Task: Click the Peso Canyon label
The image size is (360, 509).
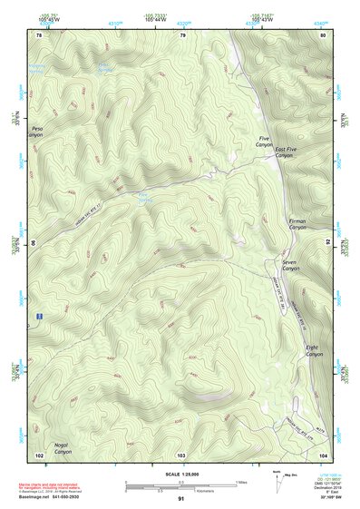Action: click(x=37, y=132)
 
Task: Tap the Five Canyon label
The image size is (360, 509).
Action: click(x=264, y=142)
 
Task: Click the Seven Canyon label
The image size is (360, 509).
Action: click(x=290, y=266)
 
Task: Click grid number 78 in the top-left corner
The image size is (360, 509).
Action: click(x=39, y=34)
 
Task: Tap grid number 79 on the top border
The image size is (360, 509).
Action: click(x=182, y=34)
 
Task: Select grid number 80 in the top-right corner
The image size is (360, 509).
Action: click(x=322, y=34)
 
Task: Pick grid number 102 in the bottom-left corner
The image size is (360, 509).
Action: click(x=39, y=454)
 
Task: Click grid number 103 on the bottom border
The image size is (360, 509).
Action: click(x=181, y=454)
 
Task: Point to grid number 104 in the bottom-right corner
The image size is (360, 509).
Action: click(x=322, y=454)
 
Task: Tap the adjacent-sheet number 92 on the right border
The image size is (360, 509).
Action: click(x=328, y=242)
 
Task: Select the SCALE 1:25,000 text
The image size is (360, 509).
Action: click(x=180, y=471)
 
